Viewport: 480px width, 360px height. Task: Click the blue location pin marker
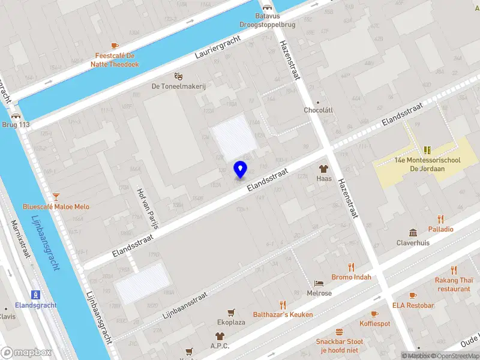point(240,169)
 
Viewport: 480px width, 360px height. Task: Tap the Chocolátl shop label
point(318,110)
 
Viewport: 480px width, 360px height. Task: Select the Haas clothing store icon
point(324,169)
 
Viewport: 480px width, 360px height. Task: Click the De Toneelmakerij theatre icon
point(178,76)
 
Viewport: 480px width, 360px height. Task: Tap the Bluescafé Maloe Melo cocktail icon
point(56,196)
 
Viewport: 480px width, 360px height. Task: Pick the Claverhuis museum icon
point(413,233)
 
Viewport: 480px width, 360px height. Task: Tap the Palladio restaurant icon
point(441,219)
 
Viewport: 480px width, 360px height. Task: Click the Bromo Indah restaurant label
point(351,277)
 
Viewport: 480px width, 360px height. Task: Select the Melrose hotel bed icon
point(319,283)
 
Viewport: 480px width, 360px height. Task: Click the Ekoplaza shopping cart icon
point(230,312)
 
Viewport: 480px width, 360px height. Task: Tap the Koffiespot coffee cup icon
point(374,314)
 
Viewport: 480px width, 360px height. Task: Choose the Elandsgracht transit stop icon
point(36,295)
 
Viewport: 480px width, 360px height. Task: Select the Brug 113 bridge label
point(16,125)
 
